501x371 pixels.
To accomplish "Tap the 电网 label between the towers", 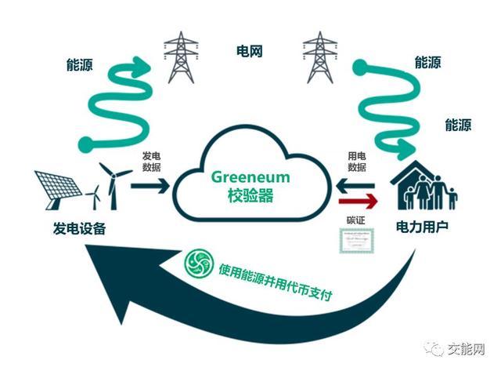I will pos(249,52).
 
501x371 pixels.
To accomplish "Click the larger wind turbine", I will pos(114,183).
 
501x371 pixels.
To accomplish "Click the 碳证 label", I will pos(356,221).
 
